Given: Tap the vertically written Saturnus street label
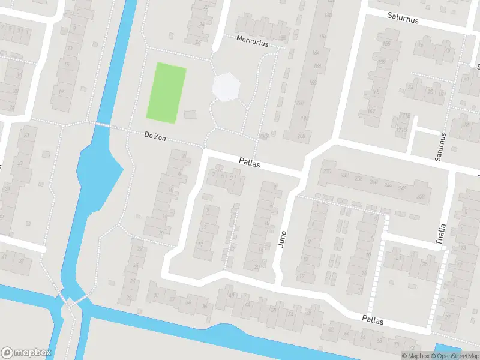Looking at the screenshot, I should (441, 146).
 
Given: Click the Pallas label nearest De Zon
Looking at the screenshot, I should (250, 162).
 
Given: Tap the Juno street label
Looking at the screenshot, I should (283, 240).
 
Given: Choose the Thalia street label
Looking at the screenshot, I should (441, 235).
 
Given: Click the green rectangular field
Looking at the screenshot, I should (167, 93).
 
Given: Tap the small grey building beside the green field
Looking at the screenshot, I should (190, 115).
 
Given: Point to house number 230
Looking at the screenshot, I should (328, 172).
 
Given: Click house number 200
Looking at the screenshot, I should (301, 136).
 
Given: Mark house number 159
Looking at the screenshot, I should (380, 62).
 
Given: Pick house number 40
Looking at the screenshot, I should (231, 295).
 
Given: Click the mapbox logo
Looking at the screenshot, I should (26, 352).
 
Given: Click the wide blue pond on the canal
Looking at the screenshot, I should (96, 177).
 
